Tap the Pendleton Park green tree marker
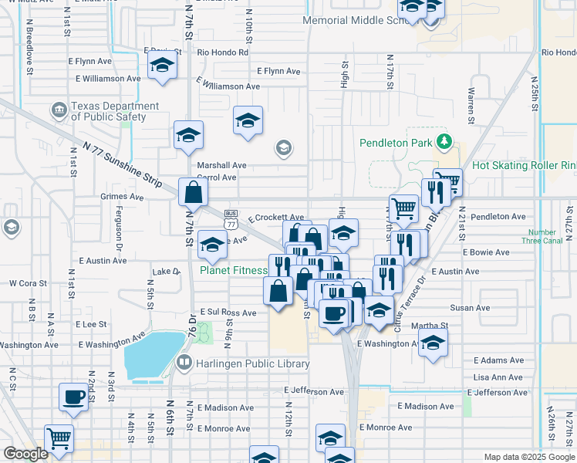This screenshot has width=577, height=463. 444,142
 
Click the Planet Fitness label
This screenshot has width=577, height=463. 234,270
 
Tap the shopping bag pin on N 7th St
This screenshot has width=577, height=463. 192,193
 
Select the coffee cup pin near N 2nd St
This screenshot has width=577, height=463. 73,397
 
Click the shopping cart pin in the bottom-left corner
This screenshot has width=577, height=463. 59,438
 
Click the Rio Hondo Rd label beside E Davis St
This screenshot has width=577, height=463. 222,52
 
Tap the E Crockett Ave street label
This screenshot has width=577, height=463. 275,218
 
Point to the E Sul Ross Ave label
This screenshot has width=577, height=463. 228,313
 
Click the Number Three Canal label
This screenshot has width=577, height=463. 542,237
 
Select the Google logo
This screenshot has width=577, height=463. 26,455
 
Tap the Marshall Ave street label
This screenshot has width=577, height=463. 221,165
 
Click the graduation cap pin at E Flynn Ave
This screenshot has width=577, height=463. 162,66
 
